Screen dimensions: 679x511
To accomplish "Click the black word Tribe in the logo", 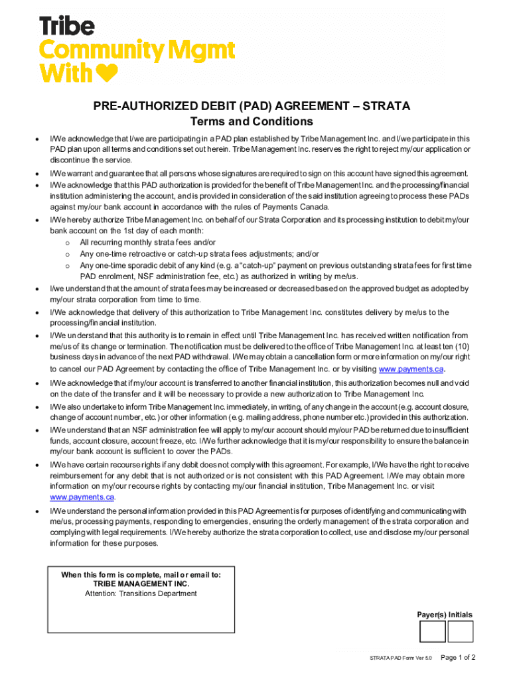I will [67, 27].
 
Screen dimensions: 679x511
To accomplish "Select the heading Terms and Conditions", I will [252, 122].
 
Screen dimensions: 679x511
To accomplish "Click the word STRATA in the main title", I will [387, 106].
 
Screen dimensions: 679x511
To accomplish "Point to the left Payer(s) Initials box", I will [433, 631].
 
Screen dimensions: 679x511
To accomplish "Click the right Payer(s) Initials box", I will [460, 631].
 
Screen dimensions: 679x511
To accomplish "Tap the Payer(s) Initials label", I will [445, 615].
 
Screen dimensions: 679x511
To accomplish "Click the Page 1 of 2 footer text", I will [458, 657].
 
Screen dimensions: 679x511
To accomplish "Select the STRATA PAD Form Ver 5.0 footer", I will [401, 658].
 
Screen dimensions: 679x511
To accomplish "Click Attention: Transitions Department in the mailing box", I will [141, 593].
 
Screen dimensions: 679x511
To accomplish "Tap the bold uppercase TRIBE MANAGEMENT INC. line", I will [141, 584].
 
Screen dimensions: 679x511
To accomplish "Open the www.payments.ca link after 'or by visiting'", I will [411, 369].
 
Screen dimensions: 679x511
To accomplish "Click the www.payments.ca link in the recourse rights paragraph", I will [82, 497].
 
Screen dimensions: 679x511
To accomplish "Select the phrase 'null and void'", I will [448, 383].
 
